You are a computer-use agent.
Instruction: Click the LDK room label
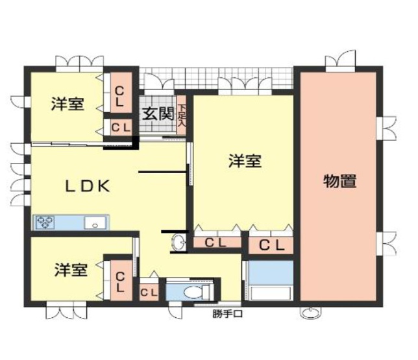click(x=85, y=186)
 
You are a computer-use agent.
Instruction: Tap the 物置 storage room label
click(x=339, y=181)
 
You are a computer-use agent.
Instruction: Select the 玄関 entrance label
click(x=157, y=114)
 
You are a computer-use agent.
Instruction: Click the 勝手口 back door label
click(x=227, y=316)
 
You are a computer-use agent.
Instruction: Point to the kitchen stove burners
click(x=46, y=222)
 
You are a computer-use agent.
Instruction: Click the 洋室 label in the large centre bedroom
click(x=245, y=160)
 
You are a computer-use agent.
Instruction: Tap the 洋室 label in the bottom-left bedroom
click(x=71, y=270)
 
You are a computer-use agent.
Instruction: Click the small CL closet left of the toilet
click(x=149, y=292)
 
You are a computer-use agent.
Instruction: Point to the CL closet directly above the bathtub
click(x=271, y=245)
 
